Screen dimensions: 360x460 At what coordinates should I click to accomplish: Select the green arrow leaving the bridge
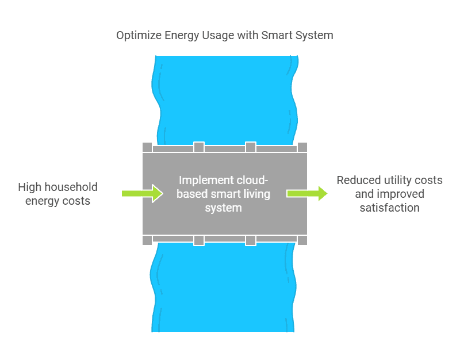[x=307, y=193]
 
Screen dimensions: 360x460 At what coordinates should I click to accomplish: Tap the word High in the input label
[x=29, y=187]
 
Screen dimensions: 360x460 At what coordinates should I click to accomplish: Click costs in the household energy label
[x=77, y=201]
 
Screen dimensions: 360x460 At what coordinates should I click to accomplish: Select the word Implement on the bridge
[x=203, y=179]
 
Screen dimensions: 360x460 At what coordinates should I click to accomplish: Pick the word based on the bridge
[x=190, y=193]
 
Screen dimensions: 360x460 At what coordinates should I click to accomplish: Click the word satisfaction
[x=389, y=208]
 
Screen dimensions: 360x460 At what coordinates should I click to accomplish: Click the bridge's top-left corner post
[x=147, y=147]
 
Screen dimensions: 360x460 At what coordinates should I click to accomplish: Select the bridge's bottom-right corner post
[x=302, y=240]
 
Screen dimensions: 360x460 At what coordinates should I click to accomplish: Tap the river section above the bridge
[x=224, y=98]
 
